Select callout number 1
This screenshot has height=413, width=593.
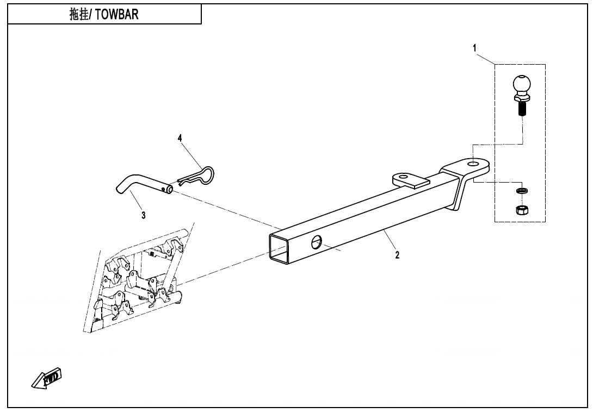point(474,48)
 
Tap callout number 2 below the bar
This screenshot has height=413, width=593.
point(397,255)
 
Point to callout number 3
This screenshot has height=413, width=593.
point(143,216)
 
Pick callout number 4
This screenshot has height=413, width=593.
point(180,139)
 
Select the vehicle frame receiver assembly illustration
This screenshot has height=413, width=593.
point(136,283)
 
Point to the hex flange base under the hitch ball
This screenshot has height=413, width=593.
point(522,98)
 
